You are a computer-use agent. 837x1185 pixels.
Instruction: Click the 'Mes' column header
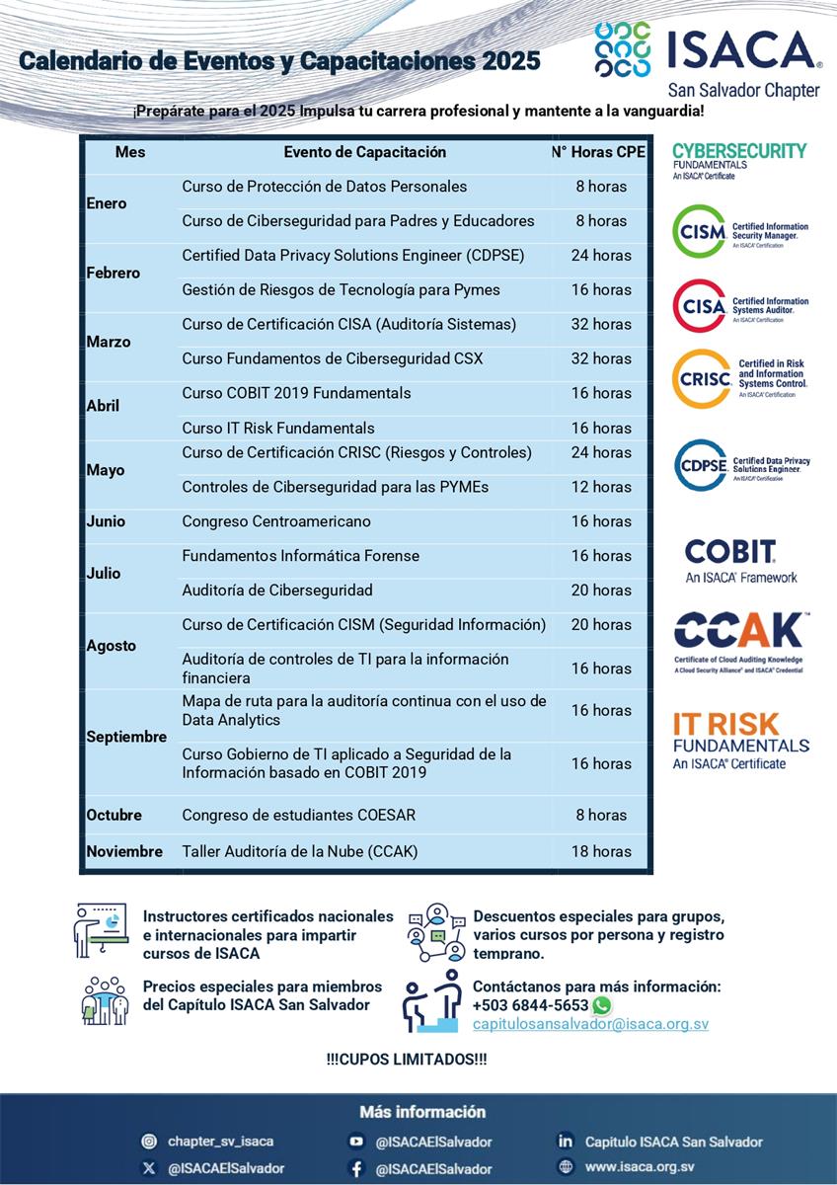pyautogui.click(x=129, y=152)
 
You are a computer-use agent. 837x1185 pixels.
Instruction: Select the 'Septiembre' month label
pyautogui.click(x=126, y=737)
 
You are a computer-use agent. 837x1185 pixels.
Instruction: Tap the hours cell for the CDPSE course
pyautogui.click(x=601, y=256)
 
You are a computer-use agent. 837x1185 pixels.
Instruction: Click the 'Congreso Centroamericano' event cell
pyautogui.click(x=276, y=521)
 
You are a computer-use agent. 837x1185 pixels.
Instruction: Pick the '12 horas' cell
pyautogui.click(x=601, y=487)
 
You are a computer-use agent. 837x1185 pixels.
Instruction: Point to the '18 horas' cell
pyautogui.click(x=601, y=851)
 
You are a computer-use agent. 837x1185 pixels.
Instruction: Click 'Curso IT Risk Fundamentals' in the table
pyautogui.click(x=278, y=429)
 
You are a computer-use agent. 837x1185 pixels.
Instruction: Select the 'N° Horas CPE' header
pyautogui.click(x=599, y=152)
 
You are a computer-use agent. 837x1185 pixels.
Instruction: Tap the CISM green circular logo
pyautogui.click(x=699, y=232)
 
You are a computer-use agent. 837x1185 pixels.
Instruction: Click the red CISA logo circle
pyautogui.click(x=699, y=306)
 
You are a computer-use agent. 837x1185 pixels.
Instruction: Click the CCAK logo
pyautogui.click(x=741, y=632)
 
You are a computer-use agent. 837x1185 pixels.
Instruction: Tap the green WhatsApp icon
pyautogui.click(x=601, y=1005)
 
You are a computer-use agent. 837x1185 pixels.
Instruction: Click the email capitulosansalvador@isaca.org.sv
pyautogui.click(x=590, y=1025)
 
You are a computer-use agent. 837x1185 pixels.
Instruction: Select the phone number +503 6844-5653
pyautogui.click(x=530, y=1005)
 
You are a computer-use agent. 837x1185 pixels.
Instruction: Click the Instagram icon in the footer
pyautogui.click(x=149, y=1142)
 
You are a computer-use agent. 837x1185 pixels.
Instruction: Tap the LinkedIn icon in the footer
pyautogui.click(x=566, y=1142)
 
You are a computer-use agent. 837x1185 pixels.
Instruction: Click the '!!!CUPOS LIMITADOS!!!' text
pyautogui.click(x=407, y=1060)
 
